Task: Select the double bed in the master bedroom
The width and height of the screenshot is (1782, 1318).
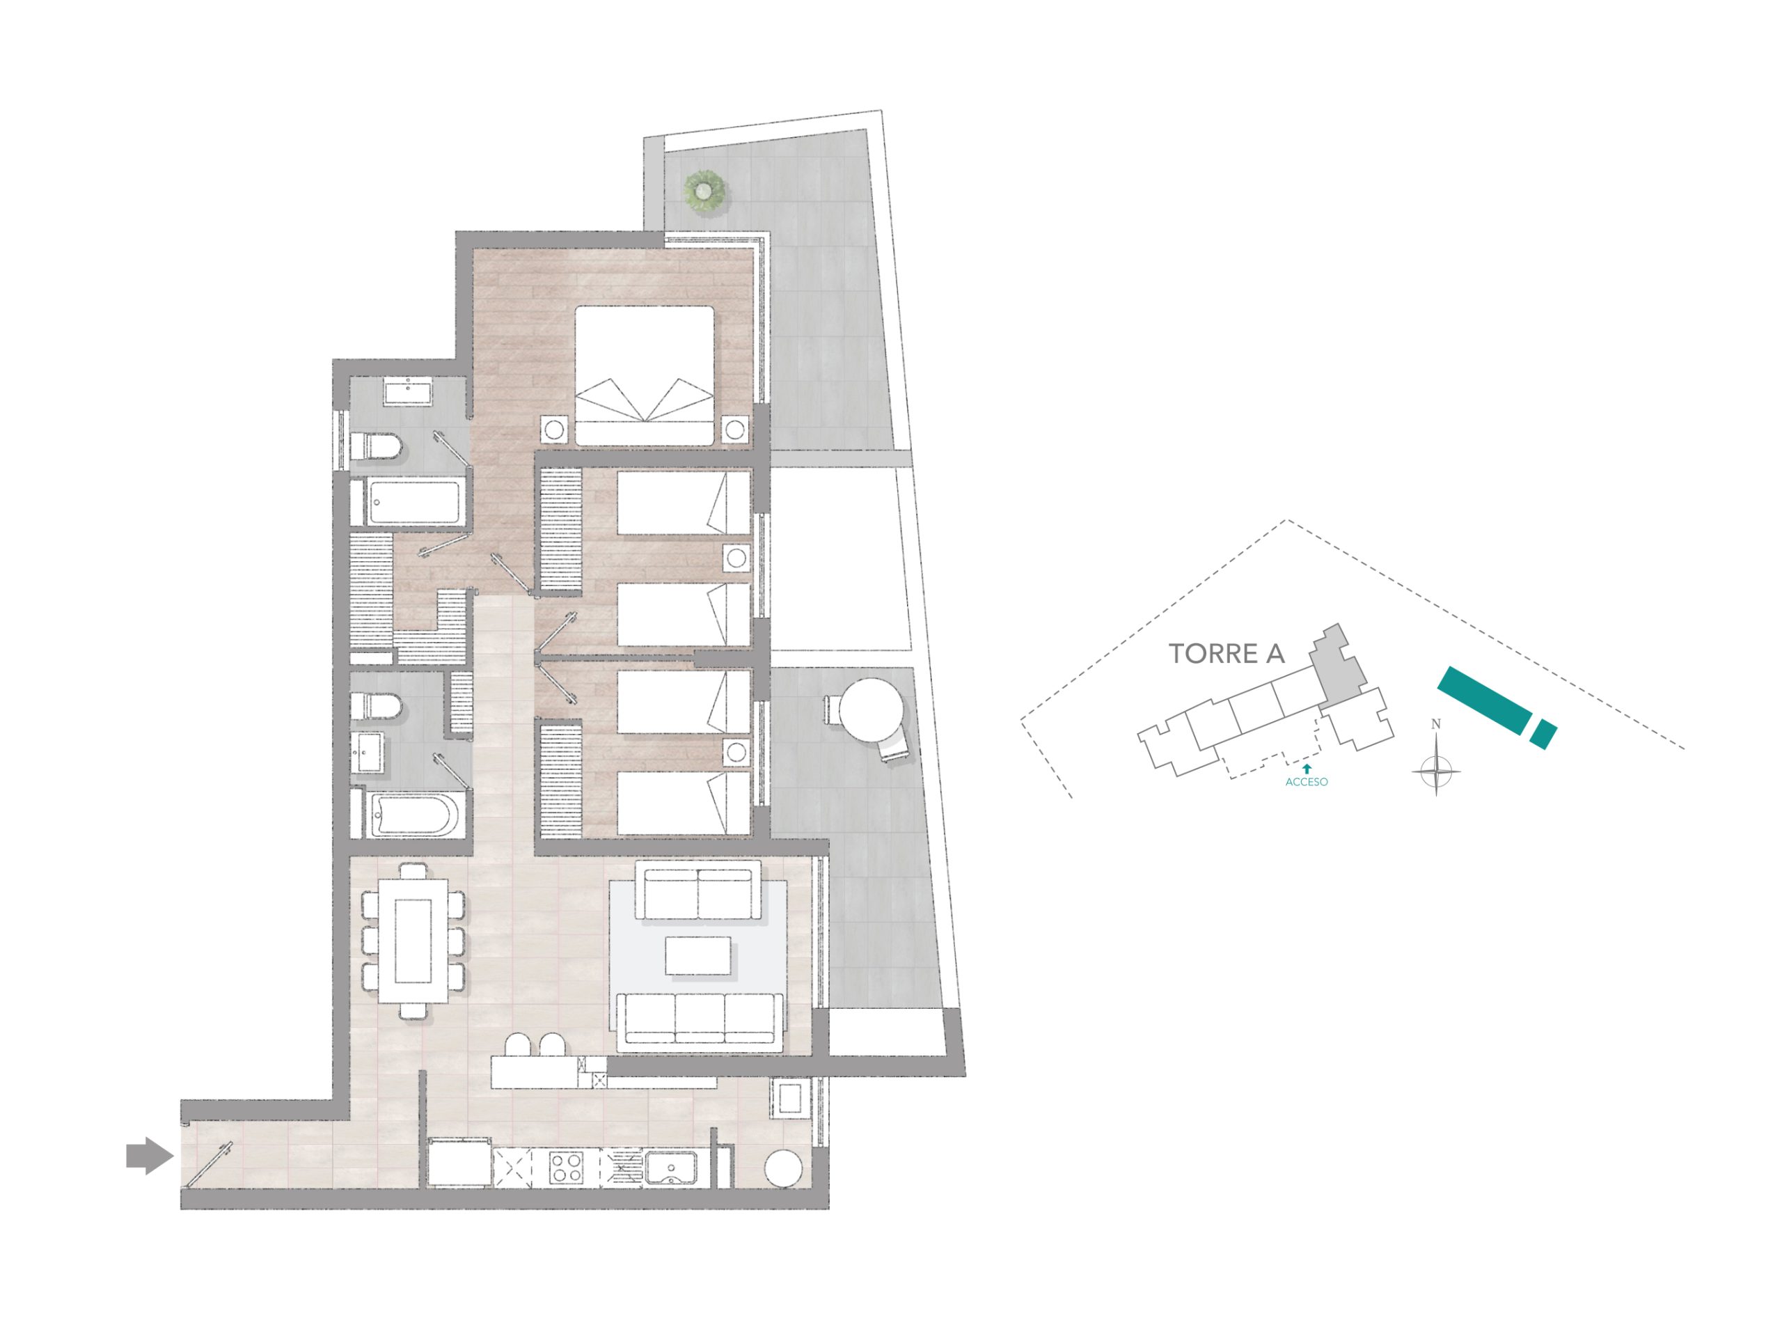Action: point(645,376)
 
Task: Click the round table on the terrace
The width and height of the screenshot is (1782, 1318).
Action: point(874,711)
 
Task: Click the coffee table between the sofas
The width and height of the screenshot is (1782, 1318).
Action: point(698,956)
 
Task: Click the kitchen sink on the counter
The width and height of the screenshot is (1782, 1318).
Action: point(671,1168)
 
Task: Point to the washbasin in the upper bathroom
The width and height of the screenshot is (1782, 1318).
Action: point(409,392)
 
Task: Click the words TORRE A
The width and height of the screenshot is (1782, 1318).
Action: point(1227,654)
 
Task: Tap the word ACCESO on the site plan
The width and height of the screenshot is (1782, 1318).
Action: point(1307,782)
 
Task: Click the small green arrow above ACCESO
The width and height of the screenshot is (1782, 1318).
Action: point(1307,768)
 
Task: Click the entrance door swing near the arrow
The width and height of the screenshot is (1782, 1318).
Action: point(209,1167)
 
